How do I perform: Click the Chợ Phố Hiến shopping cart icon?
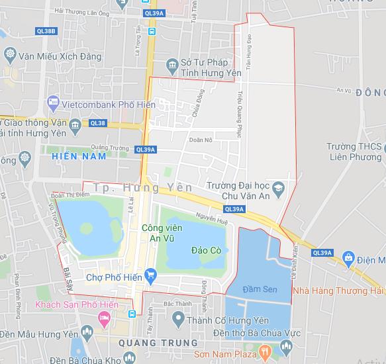(x=151, y=275)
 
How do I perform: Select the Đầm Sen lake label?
(x=260, y=290)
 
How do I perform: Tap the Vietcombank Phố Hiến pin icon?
(x=53, y=104)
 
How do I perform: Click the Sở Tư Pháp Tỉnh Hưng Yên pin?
(x=172, y=64)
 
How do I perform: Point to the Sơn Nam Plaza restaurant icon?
(x=264, y=349)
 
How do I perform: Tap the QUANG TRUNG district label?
(x=158, y=343)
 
